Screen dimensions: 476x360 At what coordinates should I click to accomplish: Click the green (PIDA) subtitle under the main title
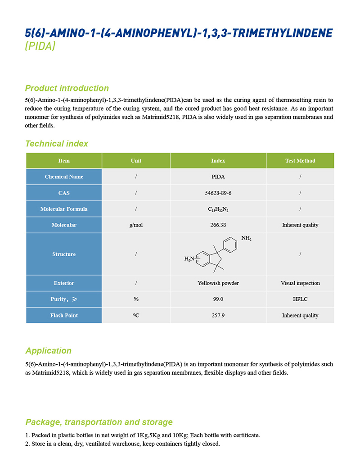(x=40, y=46)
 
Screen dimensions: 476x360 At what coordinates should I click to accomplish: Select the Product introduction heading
(x=67, y=88)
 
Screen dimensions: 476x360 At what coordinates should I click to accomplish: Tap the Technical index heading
(x=56, y=144)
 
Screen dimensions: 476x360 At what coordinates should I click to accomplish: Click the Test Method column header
(x=300, y=161)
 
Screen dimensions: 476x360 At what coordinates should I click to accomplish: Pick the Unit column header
(x=136, y=161)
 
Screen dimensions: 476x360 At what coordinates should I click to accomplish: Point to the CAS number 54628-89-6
(x=218, y=193)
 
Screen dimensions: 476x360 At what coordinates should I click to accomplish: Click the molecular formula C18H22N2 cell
(x=218, y=209)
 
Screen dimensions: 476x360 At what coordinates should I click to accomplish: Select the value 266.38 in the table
(x=218, y=225)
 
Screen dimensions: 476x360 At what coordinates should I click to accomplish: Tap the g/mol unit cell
(x=136, y=225)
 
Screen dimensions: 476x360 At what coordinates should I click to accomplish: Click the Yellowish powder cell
(x=218, y=283)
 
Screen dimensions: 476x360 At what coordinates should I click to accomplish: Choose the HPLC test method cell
(x=300, y=299)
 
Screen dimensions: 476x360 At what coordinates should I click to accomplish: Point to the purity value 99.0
(x=218, y=299)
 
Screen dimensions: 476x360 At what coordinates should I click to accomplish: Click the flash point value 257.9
(x=218, y=315)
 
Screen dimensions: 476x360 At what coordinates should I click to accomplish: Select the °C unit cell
(x=136, y=315)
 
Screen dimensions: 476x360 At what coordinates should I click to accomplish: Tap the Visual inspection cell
(x=300, y=283)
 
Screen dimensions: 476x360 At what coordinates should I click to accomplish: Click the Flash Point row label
(x=64, y=315)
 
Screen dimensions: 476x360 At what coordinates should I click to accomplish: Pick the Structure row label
(x=64, y=254)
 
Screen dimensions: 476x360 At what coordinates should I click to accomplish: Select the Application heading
(x=48, y=351)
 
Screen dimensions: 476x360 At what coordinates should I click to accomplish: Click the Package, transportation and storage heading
(x=99, y=422)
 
